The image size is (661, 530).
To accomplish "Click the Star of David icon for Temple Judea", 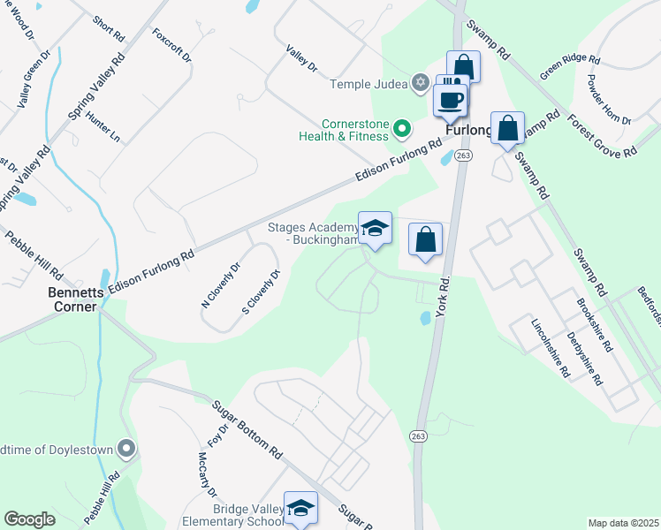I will pos(421,84).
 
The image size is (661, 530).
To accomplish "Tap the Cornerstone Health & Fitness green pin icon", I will pos(402,130).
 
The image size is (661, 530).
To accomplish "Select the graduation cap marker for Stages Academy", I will pos(375,230).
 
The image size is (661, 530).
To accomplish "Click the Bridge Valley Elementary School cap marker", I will pos(300,508).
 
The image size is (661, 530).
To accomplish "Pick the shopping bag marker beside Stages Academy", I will pos(425,239).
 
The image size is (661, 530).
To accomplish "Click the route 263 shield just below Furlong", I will pos(463,155).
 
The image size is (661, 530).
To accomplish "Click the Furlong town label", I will pos(467,130).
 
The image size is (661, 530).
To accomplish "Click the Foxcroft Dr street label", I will pos(172,44).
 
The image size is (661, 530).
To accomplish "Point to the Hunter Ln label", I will pos(103,126).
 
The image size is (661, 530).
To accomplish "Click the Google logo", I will pos(29,519).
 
